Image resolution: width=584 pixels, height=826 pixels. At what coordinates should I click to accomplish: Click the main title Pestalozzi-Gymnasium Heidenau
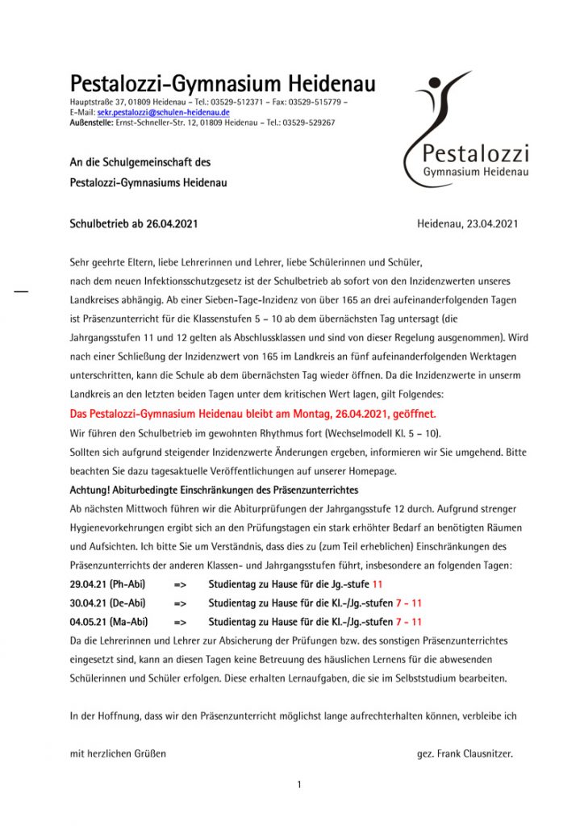tap(223, 84)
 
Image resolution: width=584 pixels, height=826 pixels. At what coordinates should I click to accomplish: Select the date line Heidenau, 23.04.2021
tap(467, 223)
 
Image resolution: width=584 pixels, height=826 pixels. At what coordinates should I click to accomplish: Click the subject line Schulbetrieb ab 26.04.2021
tap(134, 223)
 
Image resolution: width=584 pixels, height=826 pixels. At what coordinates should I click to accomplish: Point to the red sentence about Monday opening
tap(252, 414)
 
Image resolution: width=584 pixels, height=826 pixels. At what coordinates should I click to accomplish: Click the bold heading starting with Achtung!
tap(214, 490)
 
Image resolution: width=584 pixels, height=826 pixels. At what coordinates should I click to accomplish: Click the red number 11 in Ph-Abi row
tap(378, 583)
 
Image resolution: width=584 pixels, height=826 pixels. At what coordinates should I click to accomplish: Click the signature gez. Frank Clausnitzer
tap(465, 754)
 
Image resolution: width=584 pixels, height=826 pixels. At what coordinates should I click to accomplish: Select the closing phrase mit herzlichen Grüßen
tap(118, 754)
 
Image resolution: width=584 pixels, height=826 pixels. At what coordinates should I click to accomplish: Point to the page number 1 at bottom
tap(298, 784)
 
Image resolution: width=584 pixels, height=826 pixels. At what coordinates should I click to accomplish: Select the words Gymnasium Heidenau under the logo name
tap(476, 173)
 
